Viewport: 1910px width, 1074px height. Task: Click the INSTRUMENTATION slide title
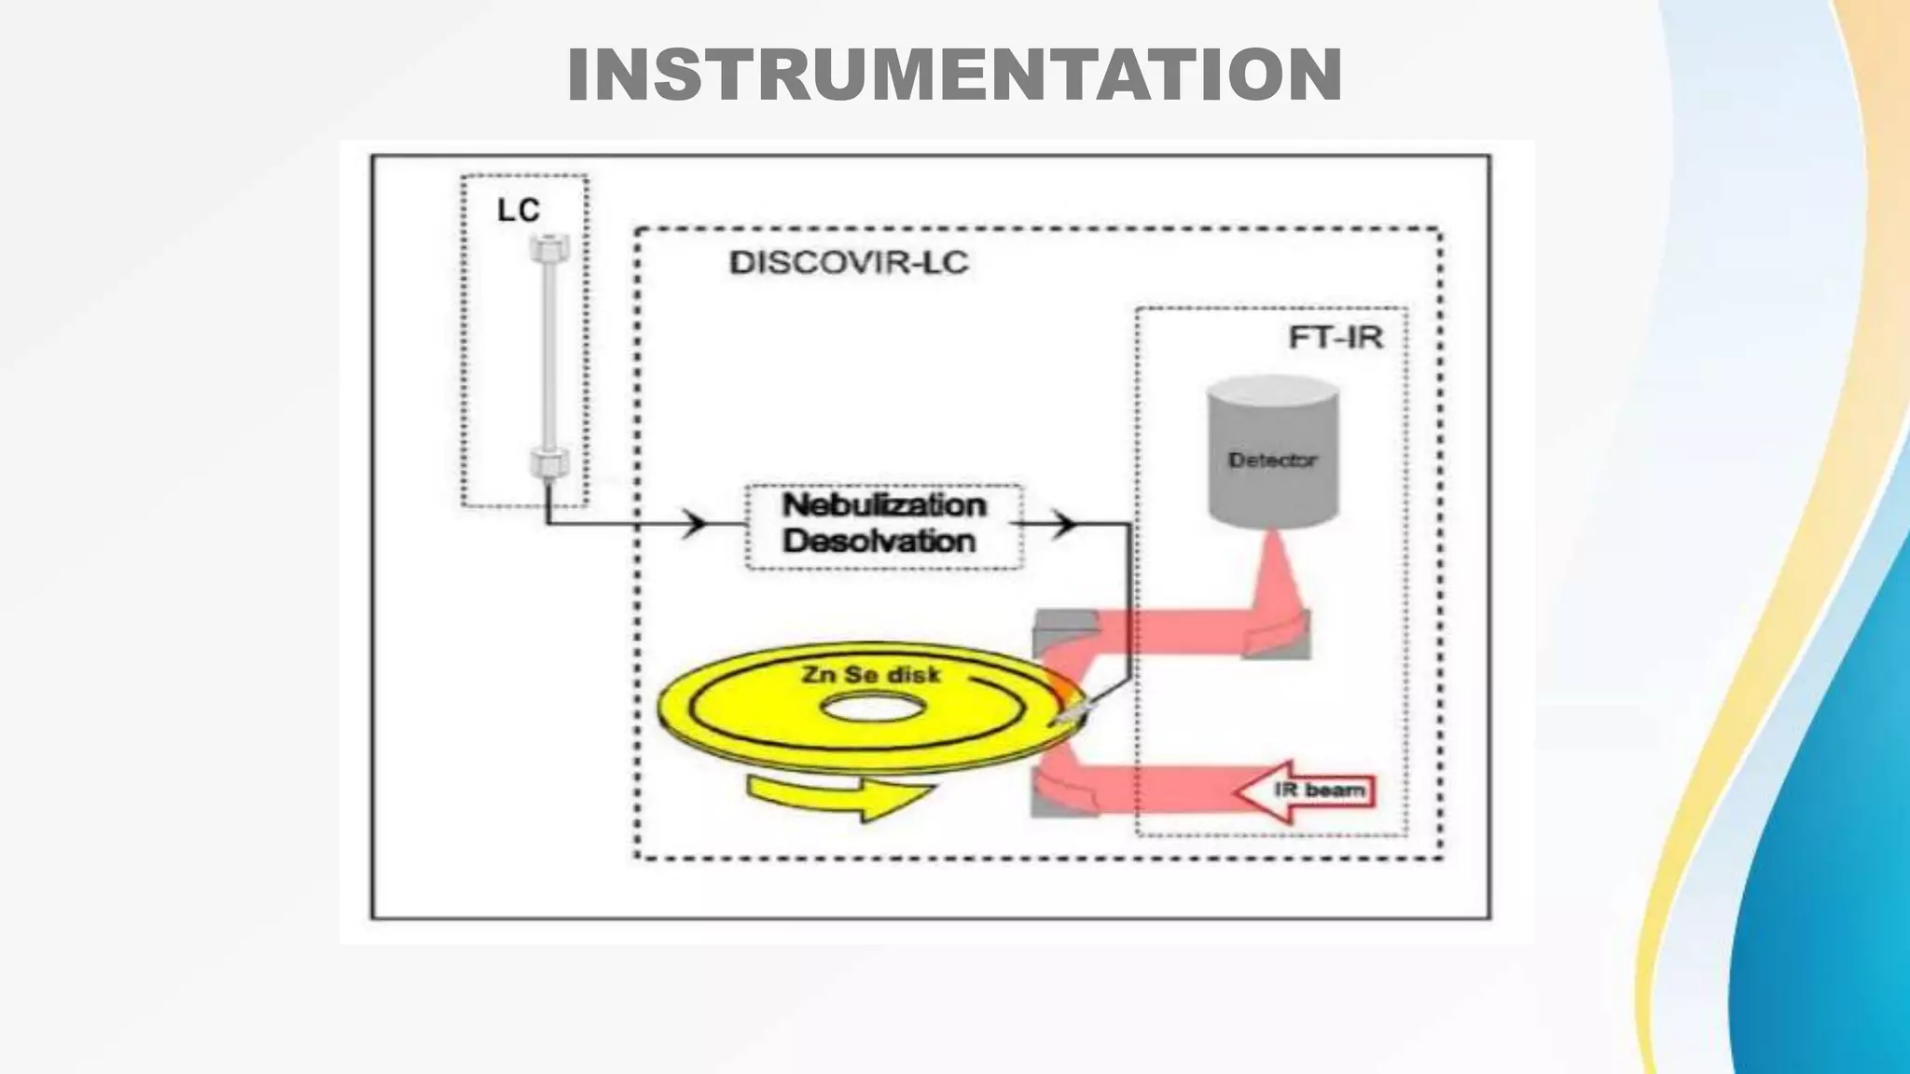coord(954,75)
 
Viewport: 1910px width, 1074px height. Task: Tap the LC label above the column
coord(519,210)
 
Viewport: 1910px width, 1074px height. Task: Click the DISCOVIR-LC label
coord(849,263)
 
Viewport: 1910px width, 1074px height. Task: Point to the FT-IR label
coord(1335,337)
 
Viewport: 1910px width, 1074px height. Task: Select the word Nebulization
coord(883,505)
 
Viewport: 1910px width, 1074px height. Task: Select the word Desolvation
coord(879,542)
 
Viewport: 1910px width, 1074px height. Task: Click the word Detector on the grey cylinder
coord(1272,461)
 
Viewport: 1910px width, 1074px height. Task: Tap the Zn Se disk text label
coord(871,674)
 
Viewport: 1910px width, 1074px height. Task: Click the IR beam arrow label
coord(1319,791)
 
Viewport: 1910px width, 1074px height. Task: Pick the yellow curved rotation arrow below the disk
coord(839,798)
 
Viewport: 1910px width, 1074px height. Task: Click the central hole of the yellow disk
coord(873,709)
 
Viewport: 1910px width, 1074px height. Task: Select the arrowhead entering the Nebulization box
coord(694,523)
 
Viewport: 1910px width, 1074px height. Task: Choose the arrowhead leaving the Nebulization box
coord(1063,524)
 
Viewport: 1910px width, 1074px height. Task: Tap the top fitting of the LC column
coord(548,248)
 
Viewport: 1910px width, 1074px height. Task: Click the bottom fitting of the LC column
coord(548,462)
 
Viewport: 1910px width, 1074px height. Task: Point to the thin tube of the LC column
coord(548,354)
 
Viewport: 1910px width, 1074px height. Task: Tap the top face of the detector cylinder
coord(1273,390)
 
